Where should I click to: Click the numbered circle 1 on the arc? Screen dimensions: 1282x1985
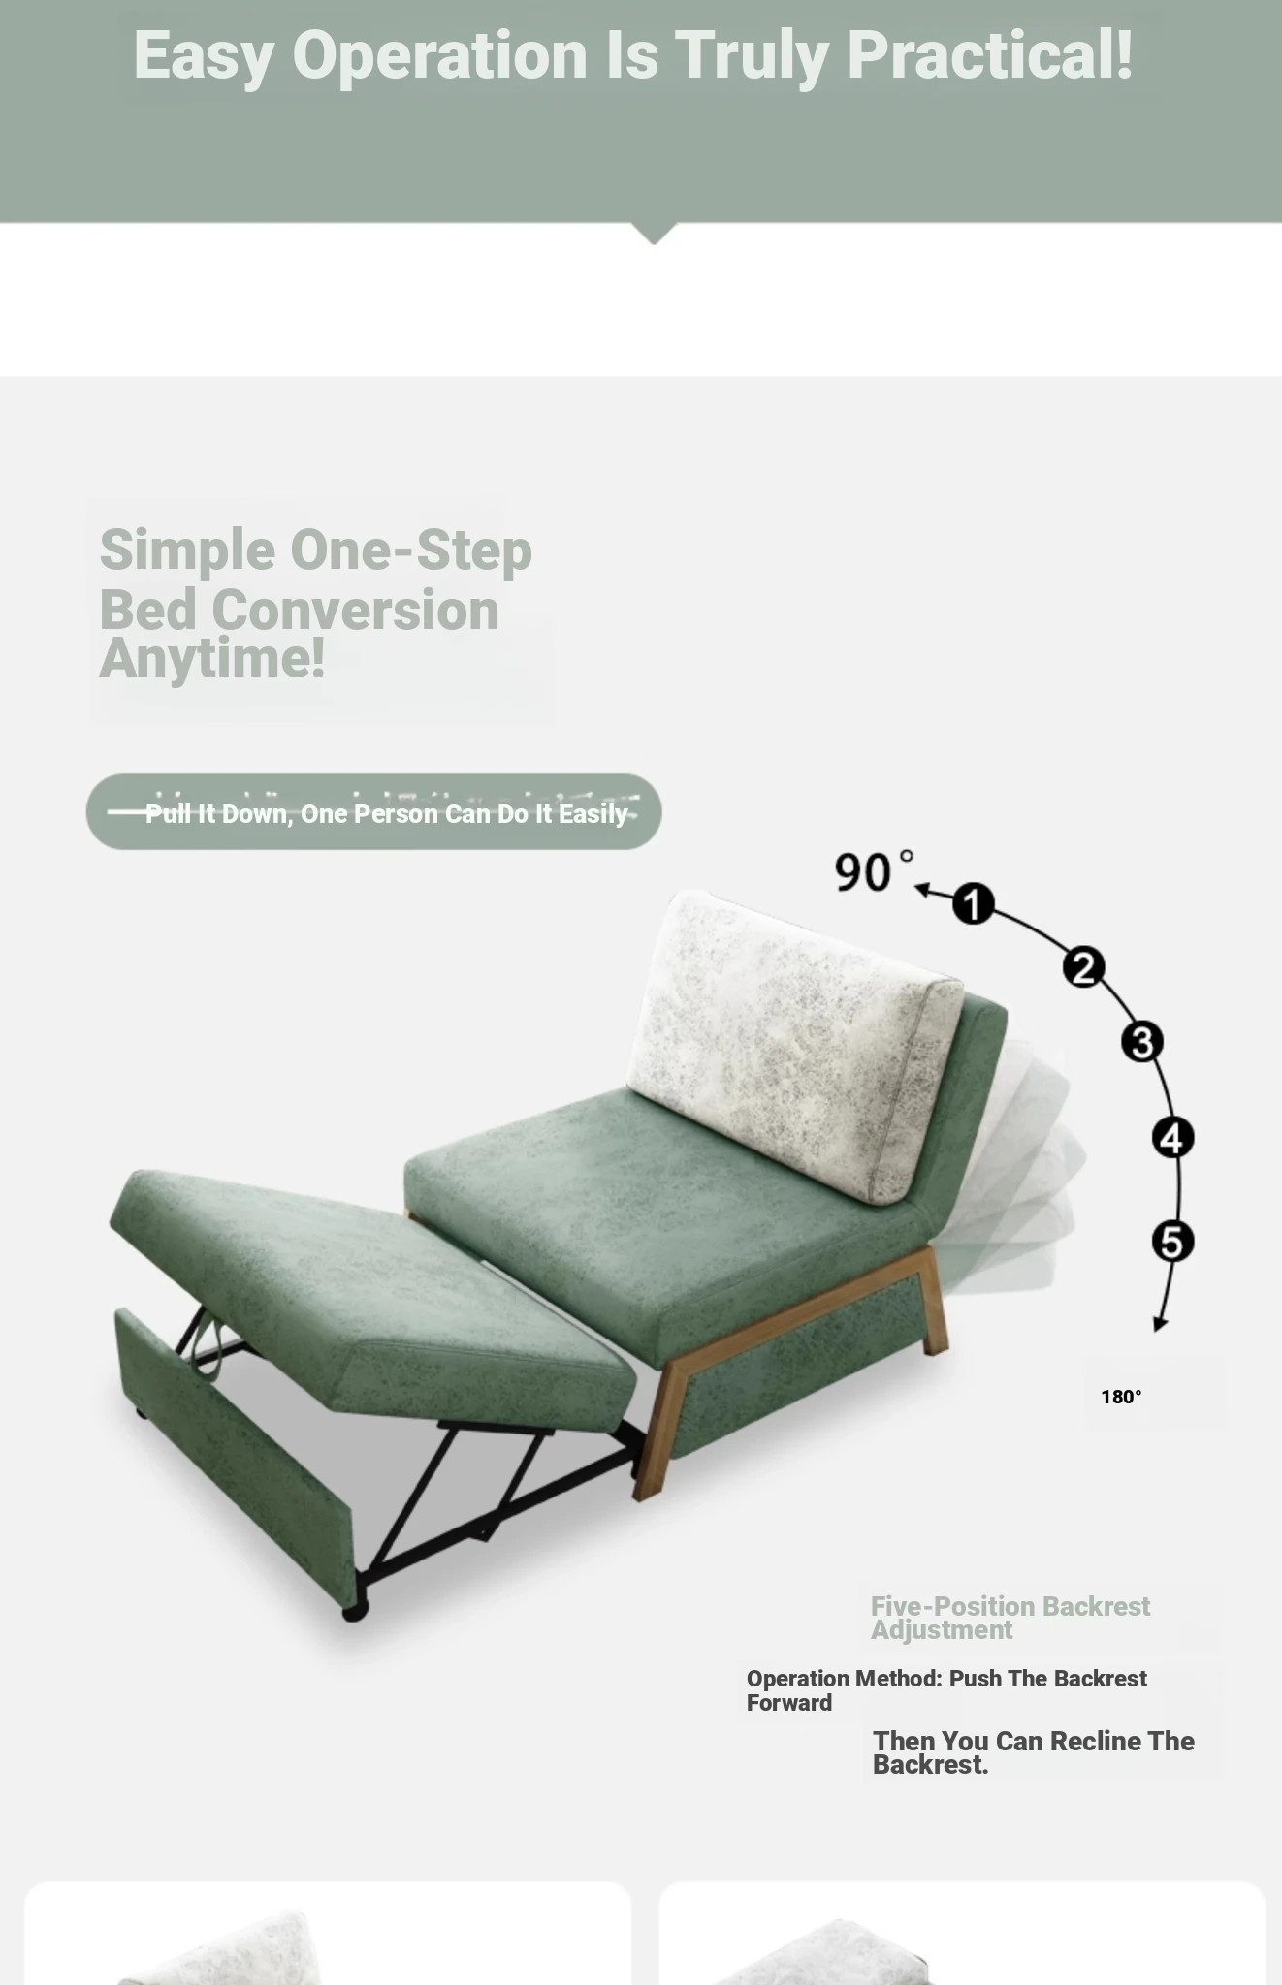973,903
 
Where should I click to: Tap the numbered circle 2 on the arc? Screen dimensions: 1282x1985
1083,966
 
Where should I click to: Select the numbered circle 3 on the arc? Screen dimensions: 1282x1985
1142,1042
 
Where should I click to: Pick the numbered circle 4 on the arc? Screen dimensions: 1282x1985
1172,1138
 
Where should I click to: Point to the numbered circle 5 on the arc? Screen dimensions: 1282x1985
1172,1242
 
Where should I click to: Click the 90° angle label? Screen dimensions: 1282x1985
874,870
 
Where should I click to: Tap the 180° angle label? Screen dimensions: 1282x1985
1121,1397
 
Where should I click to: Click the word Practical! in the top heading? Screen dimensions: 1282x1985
990,54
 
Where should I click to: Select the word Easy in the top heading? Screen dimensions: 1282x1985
204,56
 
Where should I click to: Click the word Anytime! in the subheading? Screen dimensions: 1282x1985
211,658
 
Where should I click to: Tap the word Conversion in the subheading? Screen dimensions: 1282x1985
355,611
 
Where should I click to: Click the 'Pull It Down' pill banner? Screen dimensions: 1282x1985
373,812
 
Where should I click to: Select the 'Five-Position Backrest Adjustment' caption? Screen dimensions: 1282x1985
1010,1618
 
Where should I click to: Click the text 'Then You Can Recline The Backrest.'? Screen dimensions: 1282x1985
1034,1752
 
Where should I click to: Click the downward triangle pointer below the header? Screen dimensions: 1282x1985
654,234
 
